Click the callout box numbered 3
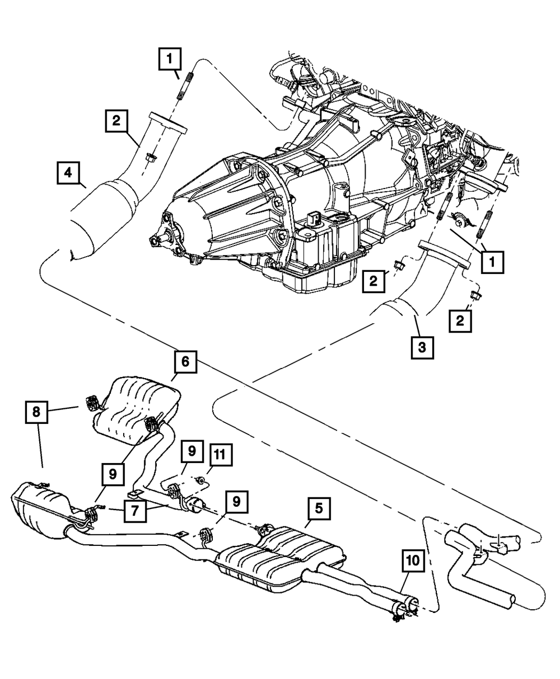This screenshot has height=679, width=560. [422, 348]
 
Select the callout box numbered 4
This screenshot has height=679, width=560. [68, 173]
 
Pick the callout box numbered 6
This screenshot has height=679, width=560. [185, 361]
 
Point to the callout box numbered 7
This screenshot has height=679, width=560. [135, 511]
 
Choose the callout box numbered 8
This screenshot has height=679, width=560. [36, 412]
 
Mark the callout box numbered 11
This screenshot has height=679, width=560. [220, 455]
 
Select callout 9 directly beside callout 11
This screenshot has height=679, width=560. [192, 451]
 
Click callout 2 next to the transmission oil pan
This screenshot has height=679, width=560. [374, 281]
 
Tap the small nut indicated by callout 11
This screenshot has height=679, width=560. [201, 479]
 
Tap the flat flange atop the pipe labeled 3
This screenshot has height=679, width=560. [444, 254]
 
